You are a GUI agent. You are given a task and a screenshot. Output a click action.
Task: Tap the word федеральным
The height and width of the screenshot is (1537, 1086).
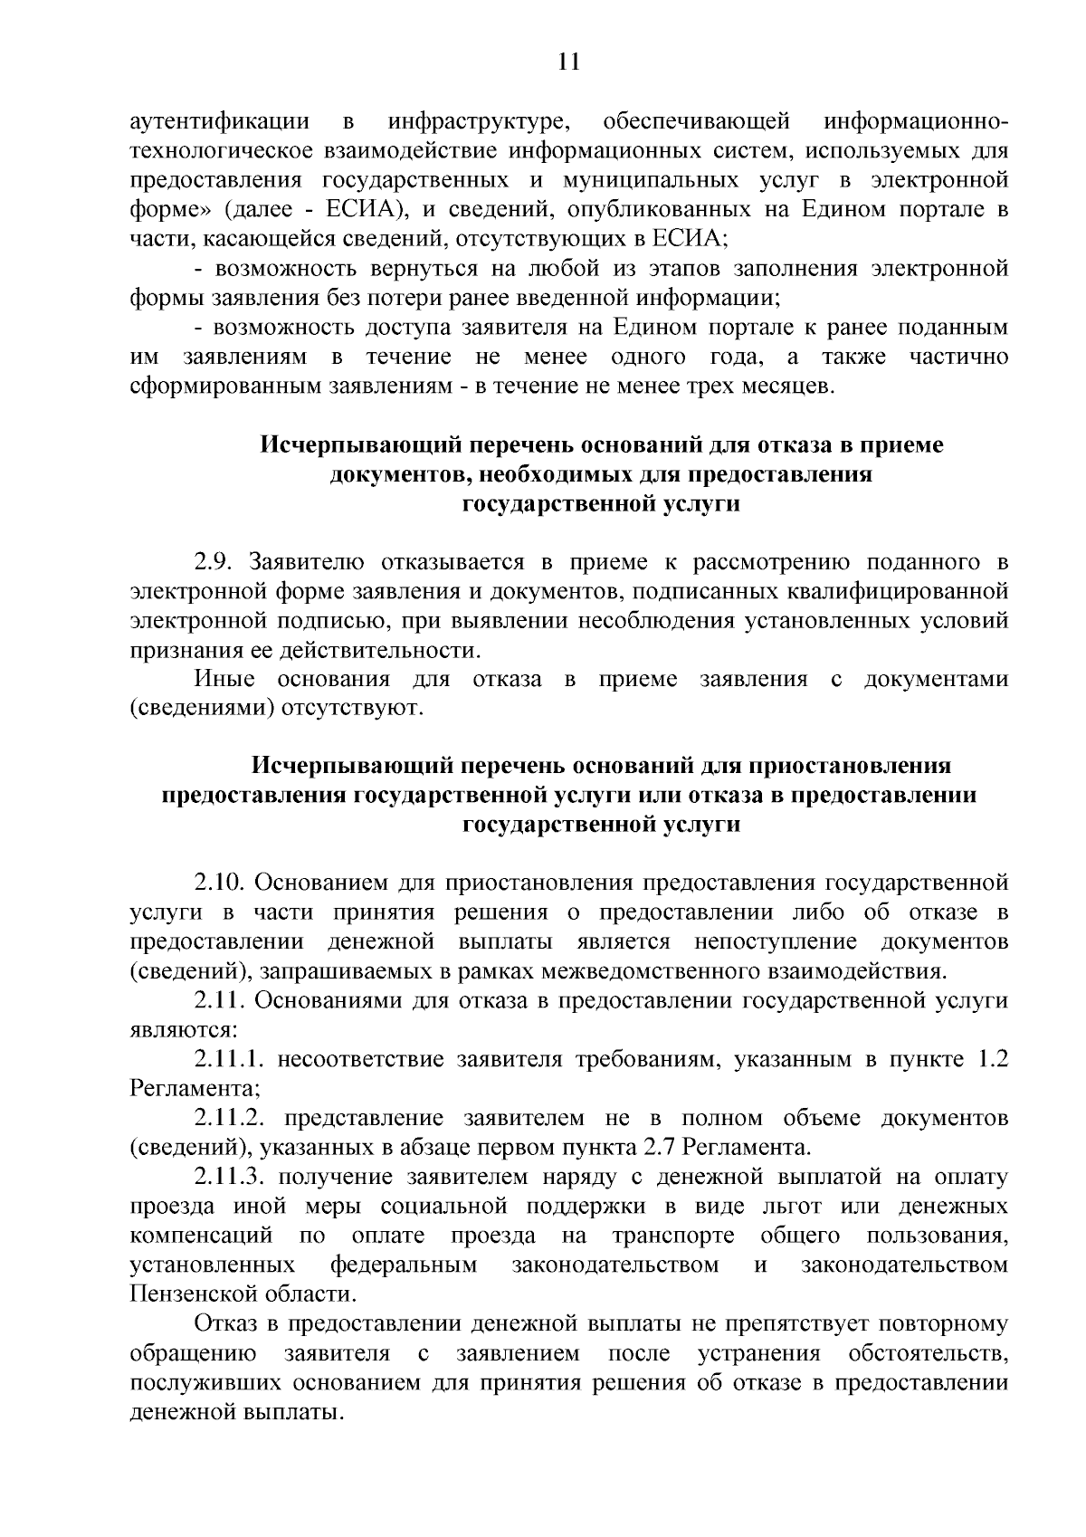pos(404,1265)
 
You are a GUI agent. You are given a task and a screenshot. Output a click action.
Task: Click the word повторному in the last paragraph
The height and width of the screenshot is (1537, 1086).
pos(939,1324)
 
